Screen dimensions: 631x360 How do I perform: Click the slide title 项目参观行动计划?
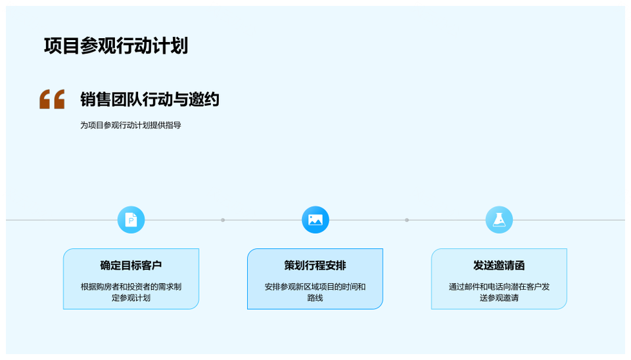(116, 46)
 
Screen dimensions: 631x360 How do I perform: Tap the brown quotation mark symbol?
(52, 99)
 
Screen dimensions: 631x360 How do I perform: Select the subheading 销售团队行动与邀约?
(150, 99)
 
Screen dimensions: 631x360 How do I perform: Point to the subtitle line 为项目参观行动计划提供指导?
(130, 125)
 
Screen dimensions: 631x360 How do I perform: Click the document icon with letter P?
(131, 219)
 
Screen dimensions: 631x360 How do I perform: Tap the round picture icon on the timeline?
(315, 219)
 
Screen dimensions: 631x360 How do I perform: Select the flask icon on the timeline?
(499, 219)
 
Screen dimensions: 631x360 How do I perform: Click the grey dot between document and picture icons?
(223, 220)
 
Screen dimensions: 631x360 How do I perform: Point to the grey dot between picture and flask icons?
(407, 220)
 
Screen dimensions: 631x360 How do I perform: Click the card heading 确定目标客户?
(131, 265)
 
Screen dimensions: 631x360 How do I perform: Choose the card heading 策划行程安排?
(315, 265)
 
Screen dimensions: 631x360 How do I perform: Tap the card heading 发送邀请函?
(499, 265)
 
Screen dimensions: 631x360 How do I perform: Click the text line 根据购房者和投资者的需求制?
(131, 287)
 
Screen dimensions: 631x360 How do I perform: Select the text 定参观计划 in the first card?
(131, 298)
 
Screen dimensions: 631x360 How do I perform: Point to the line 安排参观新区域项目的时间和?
(315, 287)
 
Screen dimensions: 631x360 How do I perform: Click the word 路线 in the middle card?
(315, 298)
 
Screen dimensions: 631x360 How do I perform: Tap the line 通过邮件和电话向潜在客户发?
(499, 287)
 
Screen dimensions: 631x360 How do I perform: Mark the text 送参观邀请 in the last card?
(499, 298)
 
